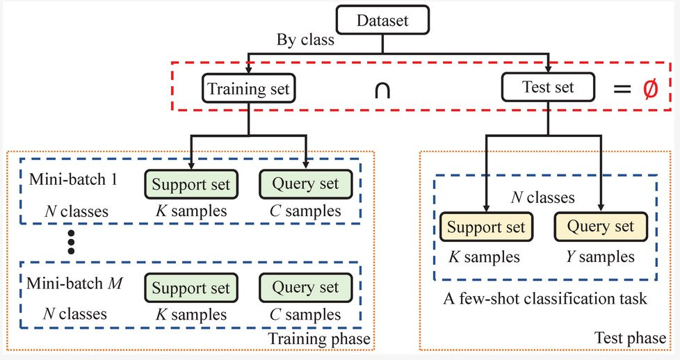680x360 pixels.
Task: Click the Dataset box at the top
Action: (383, 20)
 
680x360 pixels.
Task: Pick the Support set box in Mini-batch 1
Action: (191, 185)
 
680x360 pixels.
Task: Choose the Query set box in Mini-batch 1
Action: (306, 185)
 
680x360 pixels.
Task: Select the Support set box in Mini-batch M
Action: (191, 288)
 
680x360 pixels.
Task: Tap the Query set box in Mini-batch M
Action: (306, 288)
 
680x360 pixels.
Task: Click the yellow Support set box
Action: (485, 228)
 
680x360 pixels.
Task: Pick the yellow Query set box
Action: (601, 227)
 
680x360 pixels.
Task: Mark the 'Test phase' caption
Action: (629, 339)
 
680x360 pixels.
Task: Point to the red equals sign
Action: (621, 90)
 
